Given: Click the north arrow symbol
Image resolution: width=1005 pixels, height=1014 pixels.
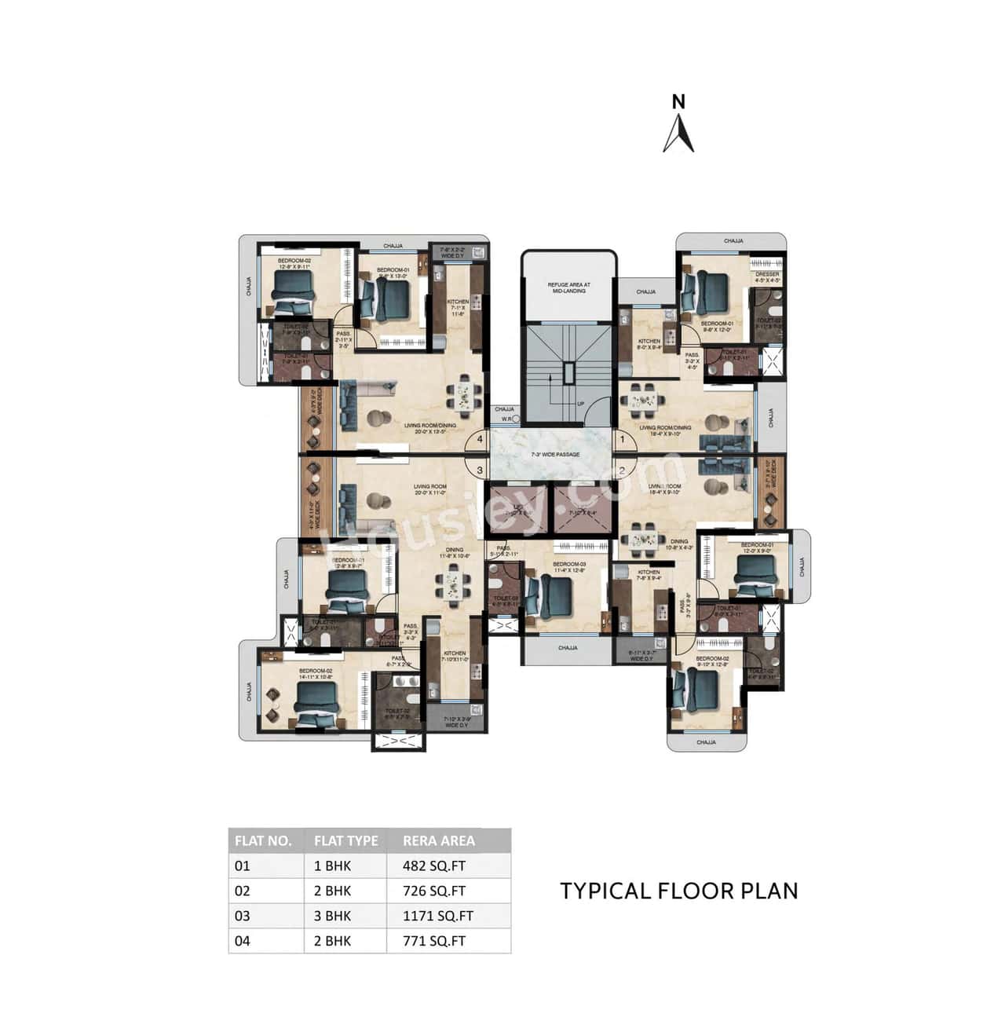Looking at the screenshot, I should click(x=678, y=133).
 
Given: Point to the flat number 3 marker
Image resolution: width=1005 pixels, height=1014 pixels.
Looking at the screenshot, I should click(x=479, y=470).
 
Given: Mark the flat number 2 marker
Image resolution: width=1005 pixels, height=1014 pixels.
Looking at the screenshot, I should click(x=622, y=471).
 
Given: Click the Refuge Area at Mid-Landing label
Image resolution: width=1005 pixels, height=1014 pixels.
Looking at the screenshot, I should click(x=568, y=287).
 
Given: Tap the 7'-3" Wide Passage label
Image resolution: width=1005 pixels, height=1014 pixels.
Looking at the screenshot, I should click(x=555, y=455).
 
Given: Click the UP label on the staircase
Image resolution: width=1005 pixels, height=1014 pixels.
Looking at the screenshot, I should click(x=581, y=405).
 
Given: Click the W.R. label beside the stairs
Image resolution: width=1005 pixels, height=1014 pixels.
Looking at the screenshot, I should click(x=506, y=419).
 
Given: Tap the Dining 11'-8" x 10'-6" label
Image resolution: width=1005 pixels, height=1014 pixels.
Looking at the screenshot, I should click(x=455, y=553).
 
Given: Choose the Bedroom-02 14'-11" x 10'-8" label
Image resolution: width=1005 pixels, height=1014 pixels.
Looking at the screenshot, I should click(x=316, y=674).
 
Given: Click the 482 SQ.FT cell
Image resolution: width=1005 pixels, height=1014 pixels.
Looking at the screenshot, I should click(x=434, y=866).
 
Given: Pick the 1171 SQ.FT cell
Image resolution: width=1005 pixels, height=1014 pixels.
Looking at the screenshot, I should click(x=438, y=916).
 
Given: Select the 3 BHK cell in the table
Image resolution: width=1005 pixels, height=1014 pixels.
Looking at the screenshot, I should click(x=333, y=916).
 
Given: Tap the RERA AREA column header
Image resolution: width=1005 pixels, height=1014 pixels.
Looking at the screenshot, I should click(x=439, y=840).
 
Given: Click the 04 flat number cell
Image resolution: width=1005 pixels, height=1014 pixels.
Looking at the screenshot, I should click(x=242, y=941).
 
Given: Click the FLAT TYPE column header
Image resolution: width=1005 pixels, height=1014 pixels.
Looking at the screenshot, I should click(x=345, y=840).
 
